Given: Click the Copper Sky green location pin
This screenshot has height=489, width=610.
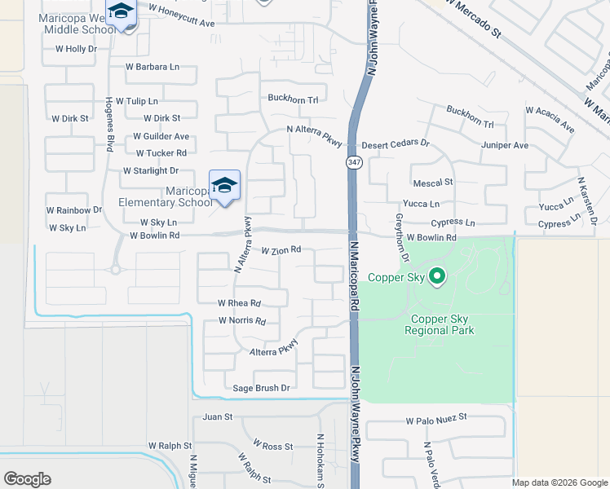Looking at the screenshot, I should point(437,276).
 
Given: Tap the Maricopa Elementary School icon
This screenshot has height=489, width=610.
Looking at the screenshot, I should point(224,186).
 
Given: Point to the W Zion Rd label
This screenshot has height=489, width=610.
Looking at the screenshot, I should point(281,250).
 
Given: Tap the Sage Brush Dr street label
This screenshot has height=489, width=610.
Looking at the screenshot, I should point(262,388).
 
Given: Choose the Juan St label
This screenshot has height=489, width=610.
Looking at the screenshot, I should point(218,416).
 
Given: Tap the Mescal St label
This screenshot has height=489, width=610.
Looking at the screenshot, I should point(432,183).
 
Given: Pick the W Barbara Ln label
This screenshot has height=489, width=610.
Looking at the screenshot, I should point(152,67).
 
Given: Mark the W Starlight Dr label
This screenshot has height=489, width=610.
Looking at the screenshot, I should point(150,170).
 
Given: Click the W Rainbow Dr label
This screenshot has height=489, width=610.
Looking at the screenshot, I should point(73,209).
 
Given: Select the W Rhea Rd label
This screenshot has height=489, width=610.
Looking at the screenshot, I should point(239,302).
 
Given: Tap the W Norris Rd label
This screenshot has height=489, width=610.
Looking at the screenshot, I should point(242,321).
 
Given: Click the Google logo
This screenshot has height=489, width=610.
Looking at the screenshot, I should point(27,479).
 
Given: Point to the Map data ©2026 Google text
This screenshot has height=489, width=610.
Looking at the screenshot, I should point(559,482).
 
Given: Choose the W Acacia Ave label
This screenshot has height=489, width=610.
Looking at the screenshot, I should point(550,119).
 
